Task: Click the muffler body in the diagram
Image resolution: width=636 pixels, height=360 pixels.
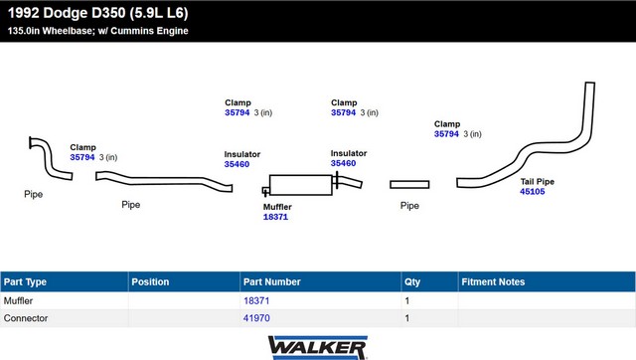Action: (300, 185)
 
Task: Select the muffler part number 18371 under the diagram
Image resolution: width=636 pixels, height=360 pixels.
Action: (275, 217)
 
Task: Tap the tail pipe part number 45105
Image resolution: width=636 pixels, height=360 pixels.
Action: (533, 192)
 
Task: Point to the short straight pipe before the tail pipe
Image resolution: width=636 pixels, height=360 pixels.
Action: (409, 185)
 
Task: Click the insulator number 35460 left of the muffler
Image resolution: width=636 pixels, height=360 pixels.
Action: (237, 164)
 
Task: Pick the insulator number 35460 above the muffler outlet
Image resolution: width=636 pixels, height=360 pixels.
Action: (343, 163)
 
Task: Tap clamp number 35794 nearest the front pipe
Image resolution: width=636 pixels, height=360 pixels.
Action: (81, 157)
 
